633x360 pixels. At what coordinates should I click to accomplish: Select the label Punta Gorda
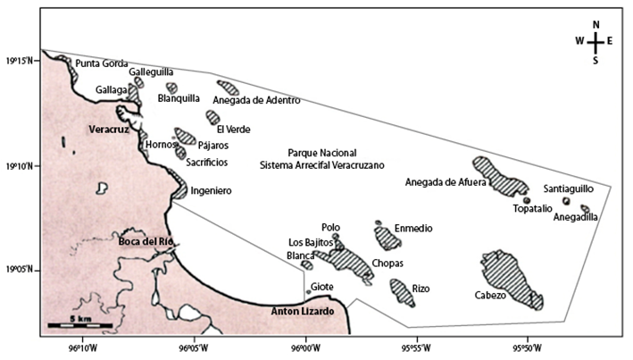click(x=102, y=63)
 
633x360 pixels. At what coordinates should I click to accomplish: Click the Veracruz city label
click(x=110, y=130)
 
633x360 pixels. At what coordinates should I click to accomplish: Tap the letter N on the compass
click(x=596, y=24)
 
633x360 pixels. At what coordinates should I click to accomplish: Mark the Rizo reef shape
click(x=401, y=292)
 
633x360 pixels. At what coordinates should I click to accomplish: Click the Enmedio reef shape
click(x=387, y=238)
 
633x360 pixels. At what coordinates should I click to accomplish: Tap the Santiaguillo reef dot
click(x=566, y=201)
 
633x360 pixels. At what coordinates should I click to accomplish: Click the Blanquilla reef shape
click(x=171, y=88)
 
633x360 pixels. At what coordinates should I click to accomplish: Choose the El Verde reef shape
click(x=212, y=117)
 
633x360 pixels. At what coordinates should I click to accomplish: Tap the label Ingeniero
click(x=212, y=190)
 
